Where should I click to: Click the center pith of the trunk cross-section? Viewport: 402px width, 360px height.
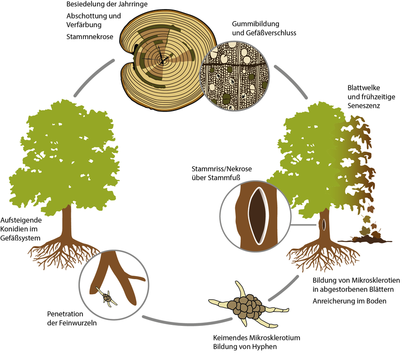coord(162,60)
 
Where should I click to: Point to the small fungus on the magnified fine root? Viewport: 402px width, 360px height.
coord(108,299)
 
